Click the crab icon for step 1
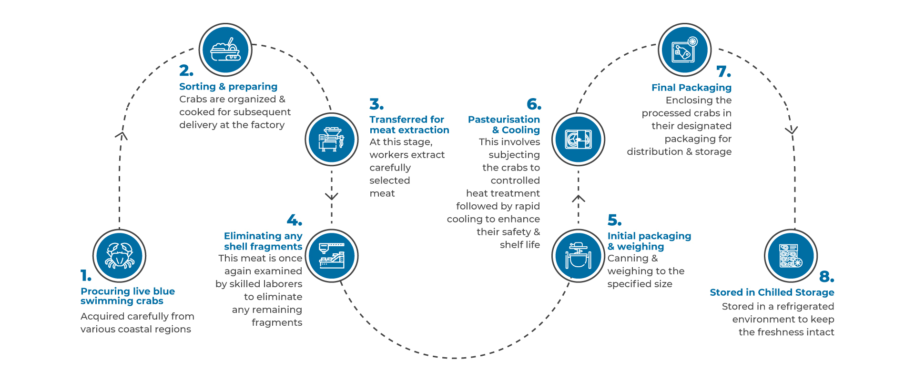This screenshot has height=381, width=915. tap(119, 256)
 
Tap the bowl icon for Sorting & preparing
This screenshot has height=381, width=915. tap(225, 50)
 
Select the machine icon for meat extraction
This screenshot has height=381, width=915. tap(331, 139)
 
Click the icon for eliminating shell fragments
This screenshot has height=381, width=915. tap(331, 256)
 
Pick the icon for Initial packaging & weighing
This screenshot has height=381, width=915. tap(578, 256)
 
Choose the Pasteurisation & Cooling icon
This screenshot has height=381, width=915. tap(578, 139)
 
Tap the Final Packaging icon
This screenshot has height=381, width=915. tap(684, 50)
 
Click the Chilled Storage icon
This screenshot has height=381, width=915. tap(791, 256)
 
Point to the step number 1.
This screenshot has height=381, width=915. tap(86, 276)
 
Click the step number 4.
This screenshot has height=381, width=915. tap(294, 220)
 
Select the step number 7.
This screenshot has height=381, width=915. tap(723, 71)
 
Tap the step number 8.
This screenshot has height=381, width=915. tap(826, 277)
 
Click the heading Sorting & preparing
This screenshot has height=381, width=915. tap(228, 87)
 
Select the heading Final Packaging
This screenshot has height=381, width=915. tap(691, 88)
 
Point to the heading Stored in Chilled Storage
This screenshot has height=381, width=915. tap(772, 292)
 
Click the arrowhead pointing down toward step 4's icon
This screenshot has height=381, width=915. tap(332, 196)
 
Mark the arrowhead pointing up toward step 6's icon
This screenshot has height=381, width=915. tap(579, 198)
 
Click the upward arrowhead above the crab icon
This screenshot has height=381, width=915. tap(122, 136)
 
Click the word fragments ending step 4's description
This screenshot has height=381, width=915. tap(277, 322)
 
